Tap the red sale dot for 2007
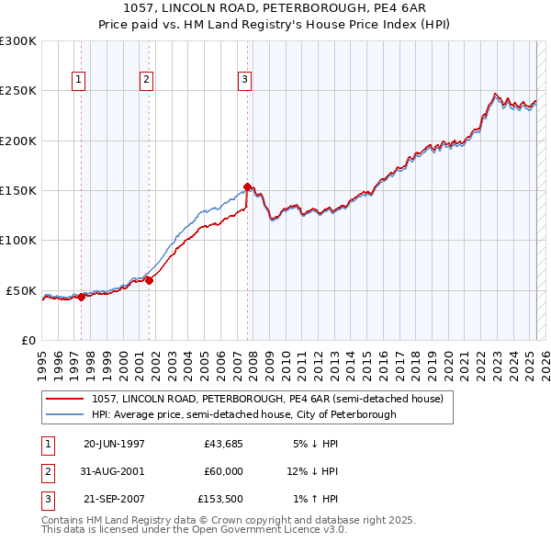click(247, 187)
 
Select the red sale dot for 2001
click(149, 280)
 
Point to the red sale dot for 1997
click(81, 297)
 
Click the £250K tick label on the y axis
click(18, 91)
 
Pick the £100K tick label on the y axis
click(18, 241)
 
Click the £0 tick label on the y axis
click(28, 340)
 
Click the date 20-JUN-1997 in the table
click(114, 443)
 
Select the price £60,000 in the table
click(224, 471)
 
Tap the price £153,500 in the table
click(221, 499)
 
